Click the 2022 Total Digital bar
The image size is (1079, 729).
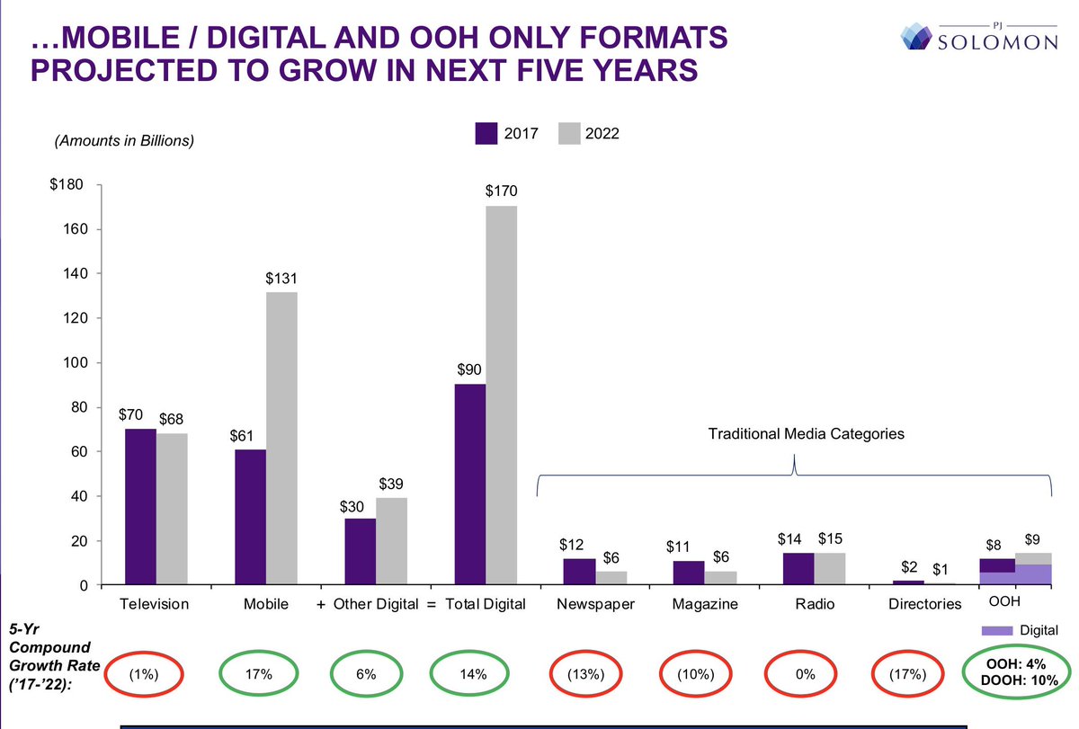pos(502,396)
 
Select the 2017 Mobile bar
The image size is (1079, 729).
pos(250,517)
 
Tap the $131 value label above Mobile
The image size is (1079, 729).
pos(281,280)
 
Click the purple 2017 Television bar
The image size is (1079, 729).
pos(140,507)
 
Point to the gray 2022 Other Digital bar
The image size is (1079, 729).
pos(391,541)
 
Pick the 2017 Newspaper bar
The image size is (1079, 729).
pos(579,572)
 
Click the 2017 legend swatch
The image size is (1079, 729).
pos(486,133)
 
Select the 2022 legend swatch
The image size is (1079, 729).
pos(570,133)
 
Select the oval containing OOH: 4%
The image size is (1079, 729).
pos(1011,671)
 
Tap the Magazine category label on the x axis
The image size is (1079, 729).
pos(705,604)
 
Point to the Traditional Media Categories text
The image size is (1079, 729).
pos(806,433)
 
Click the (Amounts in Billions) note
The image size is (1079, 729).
pos(124,140)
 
